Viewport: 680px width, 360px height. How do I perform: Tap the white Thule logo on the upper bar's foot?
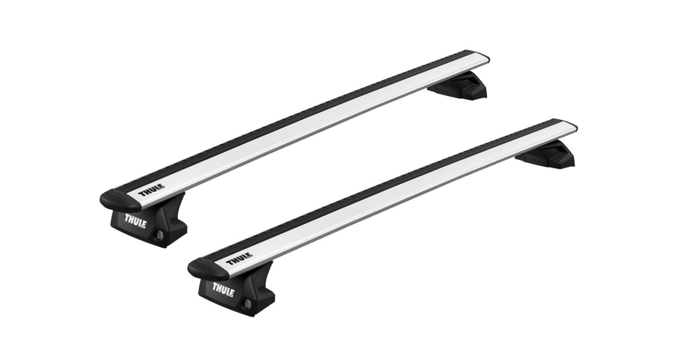click(x=135, y=220)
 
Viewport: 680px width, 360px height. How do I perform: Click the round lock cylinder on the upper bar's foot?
click(x=158, y=237)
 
